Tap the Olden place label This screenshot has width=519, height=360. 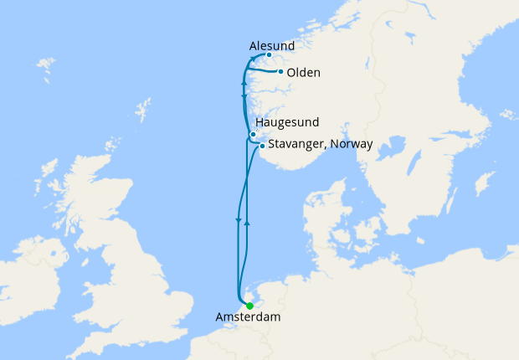pyautogui.click(x=303, y=73)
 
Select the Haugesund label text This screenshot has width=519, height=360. pyautogui.click(x=287, y=122)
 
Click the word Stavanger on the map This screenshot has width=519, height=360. pyautogui.click(x=298, y=144)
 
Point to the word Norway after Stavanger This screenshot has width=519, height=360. pyautogui.click(x=352, y=144)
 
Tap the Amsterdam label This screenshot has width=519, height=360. pyautogui.click(x=248, y=318)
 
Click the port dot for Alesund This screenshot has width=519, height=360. pyautogui.click(x=269, y=55)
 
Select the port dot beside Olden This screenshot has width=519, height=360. pyautogui.click(x=280, y=72)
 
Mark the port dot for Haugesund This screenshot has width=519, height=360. pyautogui.click(x=253, y=135)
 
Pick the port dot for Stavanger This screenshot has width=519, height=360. pyautogui.click(x=262, y=147)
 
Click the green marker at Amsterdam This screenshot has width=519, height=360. pyautogui.click(x=249, y=306)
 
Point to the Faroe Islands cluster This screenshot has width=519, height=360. pyautogui.click(x=47, y=64)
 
